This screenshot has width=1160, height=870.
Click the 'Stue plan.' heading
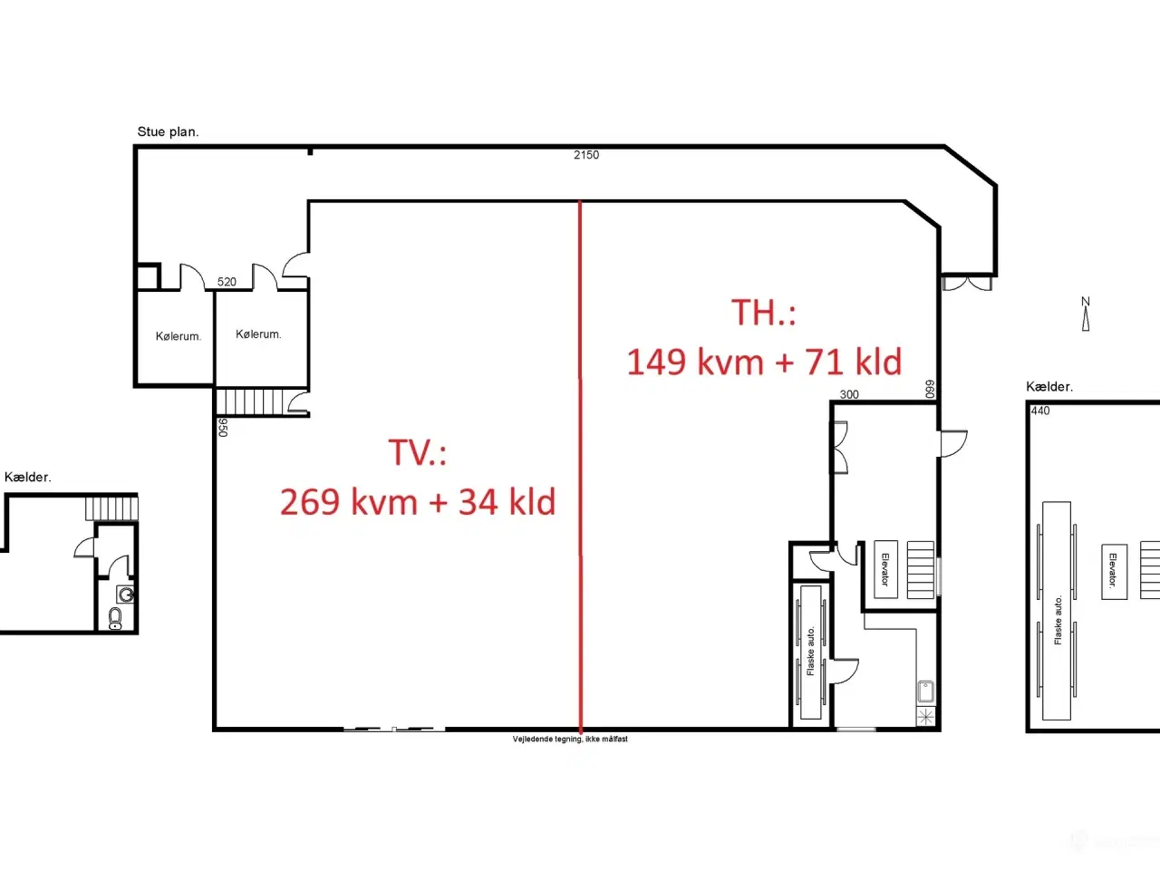click(168, 131)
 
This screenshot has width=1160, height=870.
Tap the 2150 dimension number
click(586, 155)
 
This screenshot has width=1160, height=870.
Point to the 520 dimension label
click(227, 282)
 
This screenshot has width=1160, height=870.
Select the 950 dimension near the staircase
click(223, 428)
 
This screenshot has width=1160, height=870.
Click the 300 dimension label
click(849, 394)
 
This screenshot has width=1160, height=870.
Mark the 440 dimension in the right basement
click(1040, 411)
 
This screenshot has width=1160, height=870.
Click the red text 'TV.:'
click(418, 453)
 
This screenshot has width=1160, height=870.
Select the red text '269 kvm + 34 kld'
click(418, 501)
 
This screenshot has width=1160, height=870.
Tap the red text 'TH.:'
click(764, 312)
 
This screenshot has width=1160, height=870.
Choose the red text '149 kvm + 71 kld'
click(764, 362)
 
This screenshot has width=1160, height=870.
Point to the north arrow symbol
click(1086, 314)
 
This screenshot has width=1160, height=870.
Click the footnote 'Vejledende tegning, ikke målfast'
click(570, 739)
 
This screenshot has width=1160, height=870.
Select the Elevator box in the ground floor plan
click(885, 569)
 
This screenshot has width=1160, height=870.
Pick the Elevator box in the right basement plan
click(1114, 572)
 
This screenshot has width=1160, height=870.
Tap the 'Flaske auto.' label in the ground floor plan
click(811, 652)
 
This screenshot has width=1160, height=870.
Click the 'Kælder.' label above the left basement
click(28, 477)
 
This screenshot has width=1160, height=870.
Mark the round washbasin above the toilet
click(126, 595)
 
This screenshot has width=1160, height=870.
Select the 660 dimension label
click(930, 389)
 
